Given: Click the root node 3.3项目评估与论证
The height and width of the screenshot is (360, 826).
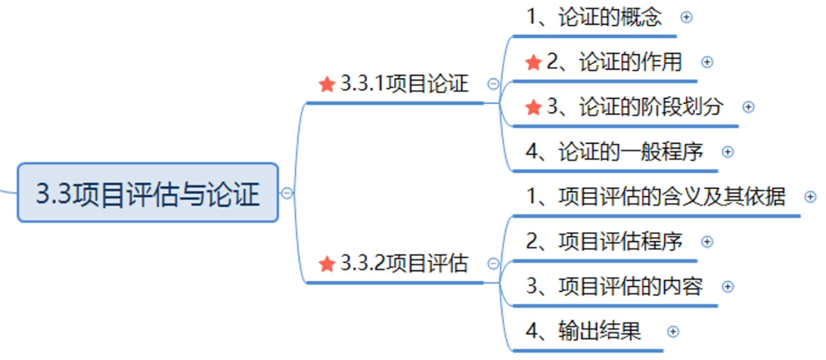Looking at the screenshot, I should coord(147,193).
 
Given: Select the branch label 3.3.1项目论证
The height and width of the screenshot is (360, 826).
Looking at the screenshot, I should coord(404,84).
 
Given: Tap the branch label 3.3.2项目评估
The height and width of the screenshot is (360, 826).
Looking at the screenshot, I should coord(404,264).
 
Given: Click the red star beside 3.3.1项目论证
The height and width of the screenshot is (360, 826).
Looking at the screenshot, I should coord(327,84).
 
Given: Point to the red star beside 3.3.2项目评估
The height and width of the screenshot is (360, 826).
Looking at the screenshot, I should coord(327,264).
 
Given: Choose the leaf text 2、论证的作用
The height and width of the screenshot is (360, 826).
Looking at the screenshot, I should coord(613,62).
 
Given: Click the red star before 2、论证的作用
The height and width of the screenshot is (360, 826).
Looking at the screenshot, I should coord(533,63).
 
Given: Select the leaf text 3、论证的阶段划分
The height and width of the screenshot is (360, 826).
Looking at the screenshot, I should coord(634,107).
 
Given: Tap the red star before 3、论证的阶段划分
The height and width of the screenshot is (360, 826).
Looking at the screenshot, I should coord(533,107).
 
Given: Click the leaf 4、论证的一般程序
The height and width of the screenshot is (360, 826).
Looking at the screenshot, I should coord(614,152).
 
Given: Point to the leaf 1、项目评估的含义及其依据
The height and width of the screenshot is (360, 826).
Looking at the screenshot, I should coord(655,197).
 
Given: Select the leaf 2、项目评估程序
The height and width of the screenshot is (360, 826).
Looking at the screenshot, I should coord(604,241).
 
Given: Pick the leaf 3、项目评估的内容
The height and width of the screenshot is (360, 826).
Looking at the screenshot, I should coord(614,286).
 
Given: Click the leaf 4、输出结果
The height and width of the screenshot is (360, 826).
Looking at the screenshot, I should coord(583,331).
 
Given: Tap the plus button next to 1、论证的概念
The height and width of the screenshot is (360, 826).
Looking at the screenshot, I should coord(686,18).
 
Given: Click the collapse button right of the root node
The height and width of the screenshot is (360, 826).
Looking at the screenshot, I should coord(287,193).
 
